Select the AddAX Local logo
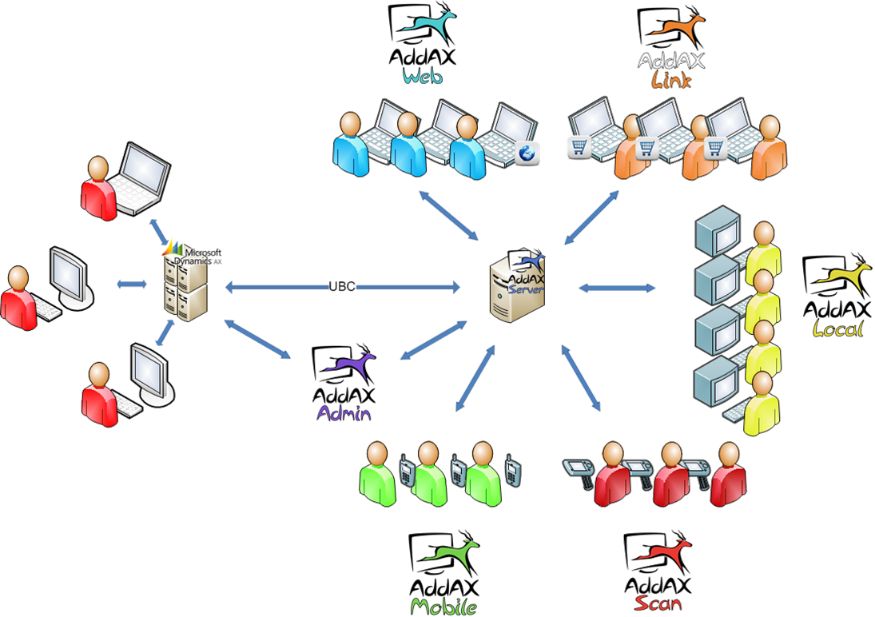(833, 297)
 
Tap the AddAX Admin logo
(344, 383)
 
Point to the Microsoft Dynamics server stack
(185, 284)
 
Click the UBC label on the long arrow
(342, 286)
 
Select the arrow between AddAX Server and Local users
(616, 287)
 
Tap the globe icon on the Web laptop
(527, 153)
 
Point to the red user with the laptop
(99, 187)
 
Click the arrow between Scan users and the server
(582, 377)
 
